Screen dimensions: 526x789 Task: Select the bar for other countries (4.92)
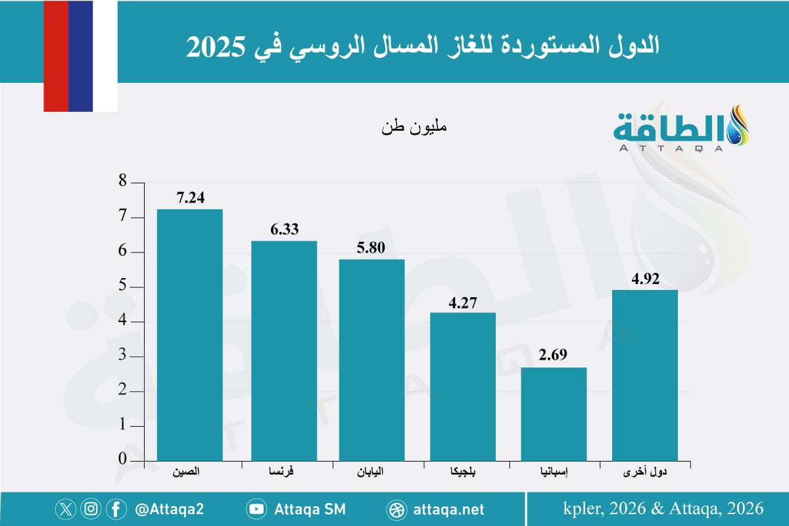pyautogui.click(x=644, y=375)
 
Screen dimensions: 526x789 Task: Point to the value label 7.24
pyautogui.click(x=190, y=198)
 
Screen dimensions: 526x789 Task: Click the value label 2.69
pyautogui.click(x=554, y=356)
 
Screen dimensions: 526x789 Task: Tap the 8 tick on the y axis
pyautogui.click(x=122, y=183)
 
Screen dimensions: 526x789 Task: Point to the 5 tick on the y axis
pyautogui.click(x=122, y=287)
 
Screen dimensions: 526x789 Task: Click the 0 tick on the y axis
pyautogui.click(x=122, y=460)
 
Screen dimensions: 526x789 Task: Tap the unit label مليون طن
pyautogui.click(x=414, y=126)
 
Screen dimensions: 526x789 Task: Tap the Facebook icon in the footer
pyautogui.click(x=116, y=509)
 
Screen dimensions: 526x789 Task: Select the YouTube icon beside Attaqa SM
pyautogui.click(x=256, y=509)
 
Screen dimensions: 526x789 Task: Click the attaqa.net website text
pyautogui.click(x=449, y=509)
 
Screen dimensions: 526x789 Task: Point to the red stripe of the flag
pyautogui.click(x=56, y=56)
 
